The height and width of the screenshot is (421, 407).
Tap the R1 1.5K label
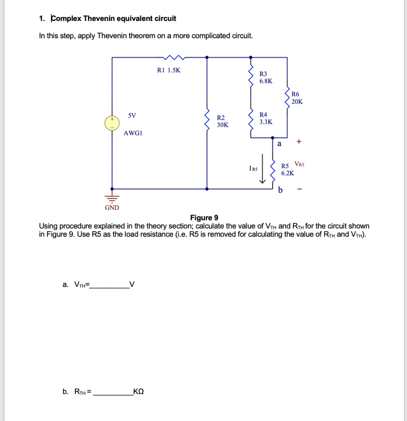(x=169, y=70)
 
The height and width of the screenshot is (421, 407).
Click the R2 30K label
(x=223, y=121)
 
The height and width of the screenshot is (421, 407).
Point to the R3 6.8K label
(x=265, y=77)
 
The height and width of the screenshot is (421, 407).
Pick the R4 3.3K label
(x=265, y=118)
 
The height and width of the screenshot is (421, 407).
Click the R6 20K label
(x=297, y=98)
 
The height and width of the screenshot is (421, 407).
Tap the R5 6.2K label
(x=287, y=170)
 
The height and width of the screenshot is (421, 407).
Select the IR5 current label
(x=253, y=168)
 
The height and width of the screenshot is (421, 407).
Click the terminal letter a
(x=279, y=144)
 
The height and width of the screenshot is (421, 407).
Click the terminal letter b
(x=280, y=190)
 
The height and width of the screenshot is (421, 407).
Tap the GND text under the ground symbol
(x=112, y=208)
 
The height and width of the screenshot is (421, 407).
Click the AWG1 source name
(x=133, y=133)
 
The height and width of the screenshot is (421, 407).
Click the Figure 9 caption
(x=204, y=218)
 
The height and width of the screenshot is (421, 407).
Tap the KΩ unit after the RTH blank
(x=139, y=391)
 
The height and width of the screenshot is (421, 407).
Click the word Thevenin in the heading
(x=99, y=19)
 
